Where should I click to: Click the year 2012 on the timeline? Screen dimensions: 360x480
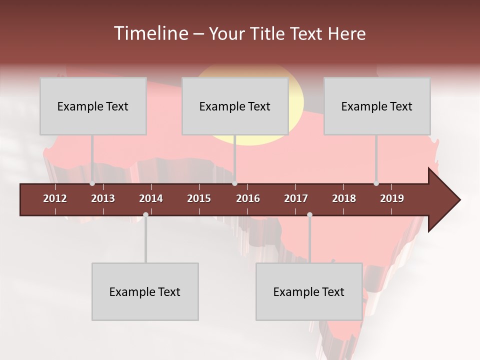tap(55, 198)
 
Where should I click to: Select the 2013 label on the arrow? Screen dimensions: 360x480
tap(103, 198)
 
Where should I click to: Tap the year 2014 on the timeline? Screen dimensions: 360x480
tap(151, 198)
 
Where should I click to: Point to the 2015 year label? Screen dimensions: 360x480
tap(199, 198)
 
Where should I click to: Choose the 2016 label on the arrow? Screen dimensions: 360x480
tap(248, 198)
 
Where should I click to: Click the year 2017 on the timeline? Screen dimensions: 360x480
tap(296, 198)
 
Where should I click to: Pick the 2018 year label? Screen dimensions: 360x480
tap(344, 198)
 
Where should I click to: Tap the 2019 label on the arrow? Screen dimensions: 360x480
tap(392, 198)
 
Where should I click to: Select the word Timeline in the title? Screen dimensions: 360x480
tap(150, 33)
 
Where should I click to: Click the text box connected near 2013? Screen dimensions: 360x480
tap(93, 106)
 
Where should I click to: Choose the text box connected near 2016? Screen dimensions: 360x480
tap(235, 106)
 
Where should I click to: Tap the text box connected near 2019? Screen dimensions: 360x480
tap(377, 106)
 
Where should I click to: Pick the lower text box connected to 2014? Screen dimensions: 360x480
tap(145, 291)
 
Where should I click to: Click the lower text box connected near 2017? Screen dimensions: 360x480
tap(309, 291)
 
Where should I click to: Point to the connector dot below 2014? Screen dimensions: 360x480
tap(145, 214)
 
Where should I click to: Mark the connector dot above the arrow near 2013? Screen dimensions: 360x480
tap(92, 183)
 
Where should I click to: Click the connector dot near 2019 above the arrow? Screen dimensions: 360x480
tap(376, 183)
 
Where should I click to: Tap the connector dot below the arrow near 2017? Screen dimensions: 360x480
tap(309, 214)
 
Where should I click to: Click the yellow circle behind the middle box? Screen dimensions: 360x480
tap(296, 100)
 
